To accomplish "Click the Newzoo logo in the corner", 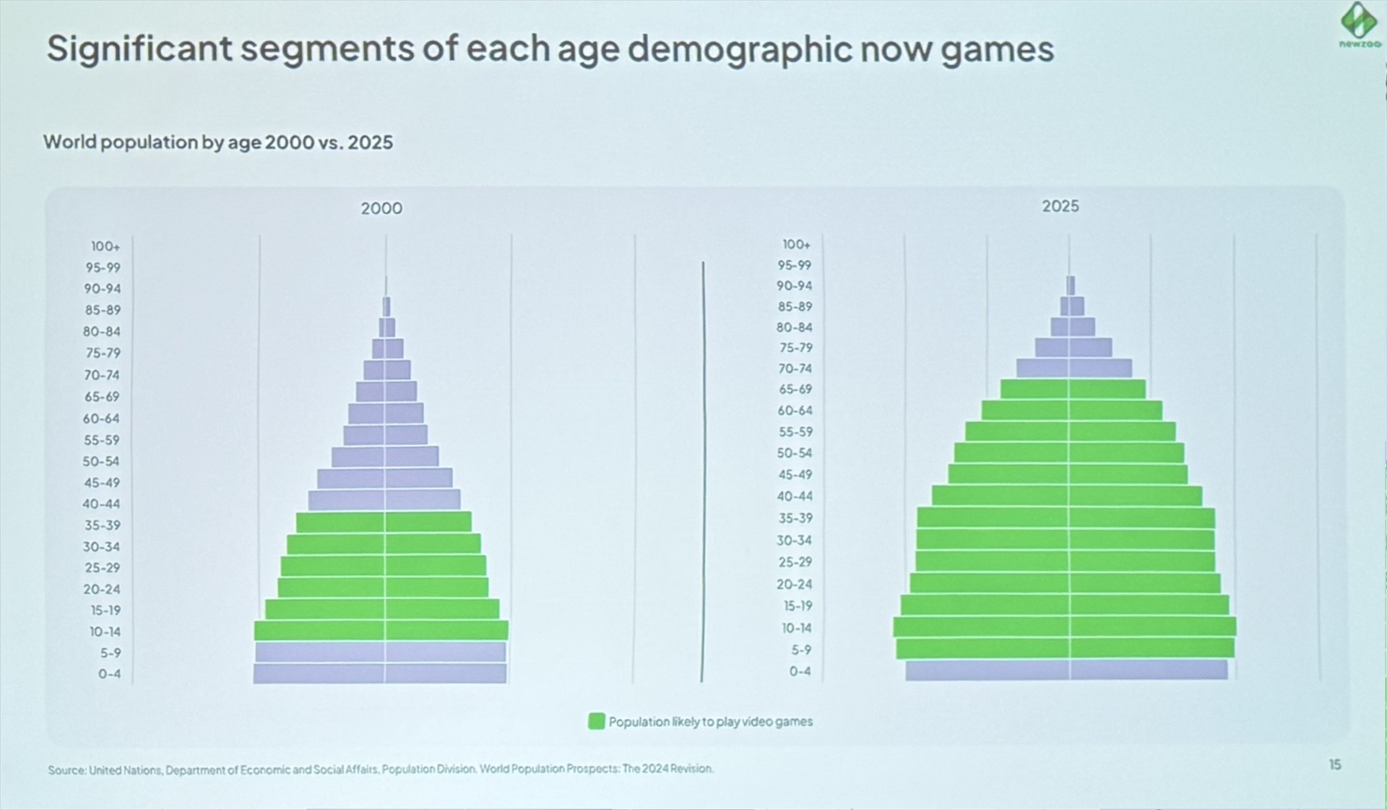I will [x=1358, y=24].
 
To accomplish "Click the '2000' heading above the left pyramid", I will [x=381, y=208].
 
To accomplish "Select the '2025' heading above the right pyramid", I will [x=1060, y=206].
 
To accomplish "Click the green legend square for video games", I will [x=596, y=721].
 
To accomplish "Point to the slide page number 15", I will [x=1334, y=764].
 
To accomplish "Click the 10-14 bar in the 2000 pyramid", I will [x=381, y=630].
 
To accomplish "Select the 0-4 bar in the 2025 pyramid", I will [x=1066, y=670].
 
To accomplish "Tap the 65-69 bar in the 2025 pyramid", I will [x=1073, y=389].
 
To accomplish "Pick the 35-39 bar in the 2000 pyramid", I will [x=384, y=522].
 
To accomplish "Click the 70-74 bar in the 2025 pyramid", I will [x=1073, y=368].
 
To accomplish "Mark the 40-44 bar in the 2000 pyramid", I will [x=384, y=500].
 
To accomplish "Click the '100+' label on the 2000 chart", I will [x=105, y=246].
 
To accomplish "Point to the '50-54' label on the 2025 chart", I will [x=794, y=453].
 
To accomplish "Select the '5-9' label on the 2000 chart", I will [x=110, y=652].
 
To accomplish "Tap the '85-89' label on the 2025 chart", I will [x=795, y=306].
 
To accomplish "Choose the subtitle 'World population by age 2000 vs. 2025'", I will [x=217, y=142].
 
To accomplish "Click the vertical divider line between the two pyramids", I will [x=702, y=470].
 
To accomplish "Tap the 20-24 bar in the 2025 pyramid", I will [x=1065, y=583].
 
